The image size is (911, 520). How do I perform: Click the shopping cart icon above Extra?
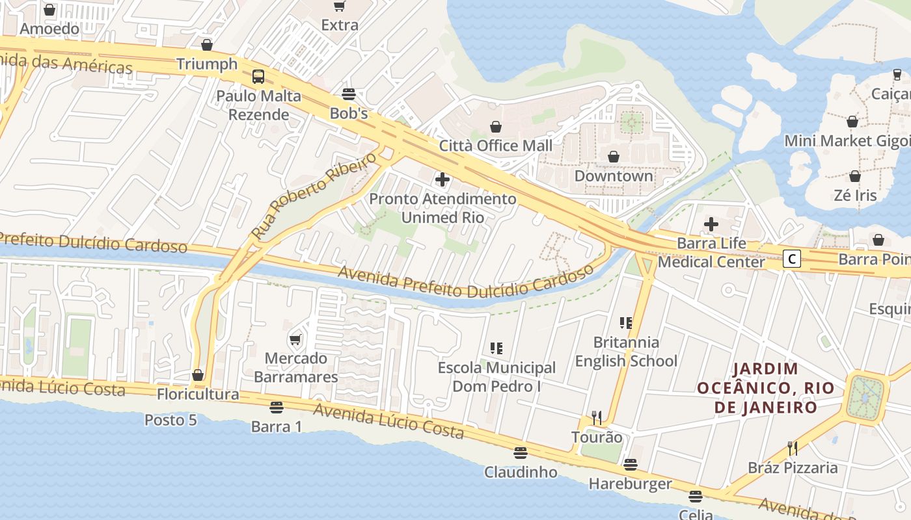click(x=339, y=6)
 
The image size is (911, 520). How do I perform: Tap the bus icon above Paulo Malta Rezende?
click(x=258, y=77)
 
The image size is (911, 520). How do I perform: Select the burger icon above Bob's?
click(x=349, y=94)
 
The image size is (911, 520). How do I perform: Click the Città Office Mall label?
click(x=495, y=146)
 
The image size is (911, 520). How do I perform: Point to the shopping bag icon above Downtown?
click(x=613, y=157)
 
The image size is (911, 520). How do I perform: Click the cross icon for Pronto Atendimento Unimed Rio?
click(x=442, y=179)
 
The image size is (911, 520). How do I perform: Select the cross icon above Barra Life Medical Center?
click(x=711, y=225)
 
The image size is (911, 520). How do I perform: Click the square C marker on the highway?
click(x=791, y=259)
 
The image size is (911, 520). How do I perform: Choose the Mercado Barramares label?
click(x=295, y=367)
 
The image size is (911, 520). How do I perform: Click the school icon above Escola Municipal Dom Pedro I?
click(x=496, y=348)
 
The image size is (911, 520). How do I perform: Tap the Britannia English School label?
click(x=626, y=352)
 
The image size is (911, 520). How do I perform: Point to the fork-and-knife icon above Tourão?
click(x=596, y=417)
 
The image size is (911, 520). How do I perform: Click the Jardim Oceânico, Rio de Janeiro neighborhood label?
click(x=765, y=388)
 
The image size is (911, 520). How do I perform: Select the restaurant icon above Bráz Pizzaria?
click(x=792, y=448)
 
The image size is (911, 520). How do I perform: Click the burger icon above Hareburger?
click(x=630, y=464)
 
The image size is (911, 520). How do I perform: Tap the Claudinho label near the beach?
click(x=520, y=472)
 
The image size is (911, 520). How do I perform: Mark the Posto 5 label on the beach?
click(x=170, y=420)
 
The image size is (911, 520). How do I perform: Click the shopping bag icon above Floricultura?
click(x=198, y=375)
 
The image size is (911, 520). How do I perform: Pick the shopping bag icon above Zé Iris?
click(x=855, y=176)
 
